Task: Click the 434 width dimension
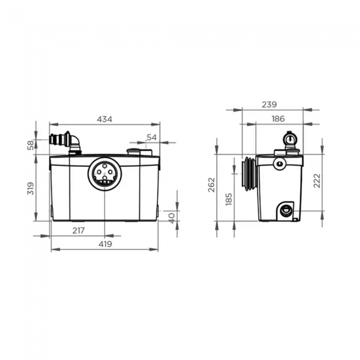[x=105, y=119]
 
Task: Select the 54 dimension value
[x=152, y=137]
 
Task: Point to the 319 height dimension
[x=31, y=188]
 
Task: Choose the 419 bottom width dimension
[x=105, y=244]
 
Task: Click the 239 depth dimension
[x=270, y=104]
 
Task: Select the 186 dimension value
[x=279, y=119]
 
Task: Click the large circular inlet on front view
[x=104, y=173]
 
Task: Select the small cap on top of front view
[x=136, y=151]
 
